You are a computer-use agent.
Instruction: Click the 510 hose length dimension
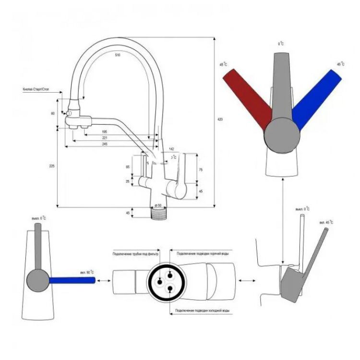[118, 55]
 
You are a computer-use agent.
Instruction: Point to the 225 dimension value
[52, 166]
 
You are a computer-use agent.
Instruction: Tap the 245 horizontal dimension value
[104, 144]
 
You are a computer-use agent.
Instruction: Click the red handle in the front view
[247, 96]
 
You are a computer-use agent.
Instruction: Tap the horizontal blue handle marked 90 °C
[69, 279]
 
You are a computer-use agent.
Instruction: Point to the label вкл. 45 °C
[326, 223]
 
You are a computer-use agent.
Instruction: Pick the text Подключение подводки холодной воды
[200, 311]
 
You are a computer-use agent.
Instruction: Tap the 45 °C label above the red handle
[223, 64]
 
